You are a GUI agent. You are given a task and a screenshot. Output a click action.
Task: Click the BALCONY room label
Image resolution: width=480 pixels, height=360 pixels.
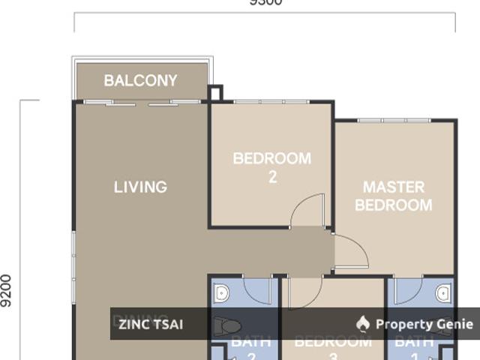[141, 80]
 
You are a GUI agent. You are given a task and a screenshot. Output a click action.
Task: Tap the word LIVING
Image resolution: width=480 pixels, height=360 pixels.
[140, 187]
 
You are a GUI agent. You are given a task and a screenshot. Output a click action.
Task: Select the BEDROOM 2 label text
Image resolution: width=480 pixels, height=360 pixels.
[271, 167]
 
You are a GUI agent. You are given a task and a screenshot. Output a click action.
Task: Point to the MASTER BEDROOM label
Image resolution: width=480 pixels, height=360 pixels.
[394, 195]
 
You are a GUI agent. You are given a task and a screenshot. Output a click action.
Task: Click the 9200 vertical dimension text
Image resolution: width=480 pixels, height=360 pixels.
[7, 290]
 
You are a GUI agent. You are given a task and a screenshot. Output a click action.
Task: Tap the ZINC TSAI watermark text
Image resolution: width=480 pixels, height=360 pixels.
[150, 325]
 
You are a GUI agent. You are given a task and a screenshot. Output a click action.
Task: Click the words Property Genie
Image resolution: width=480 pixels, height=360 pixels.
[424, 324]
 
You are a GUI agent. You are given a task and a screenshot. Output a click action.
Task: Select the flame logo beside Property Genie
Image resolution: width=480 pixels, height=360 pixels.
[363, 324]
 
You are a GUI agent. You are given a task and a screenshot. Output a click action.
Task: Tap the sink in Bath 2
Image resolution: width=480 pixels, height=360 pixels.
[221, 293]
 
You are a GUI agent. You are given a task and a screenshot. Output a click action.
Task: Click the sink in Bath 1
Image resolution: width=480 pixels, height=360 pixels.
[443, 293]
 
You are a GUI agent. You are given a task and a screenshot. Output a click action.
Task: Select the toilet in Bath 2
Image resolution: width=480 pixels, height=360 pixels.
[227, 325]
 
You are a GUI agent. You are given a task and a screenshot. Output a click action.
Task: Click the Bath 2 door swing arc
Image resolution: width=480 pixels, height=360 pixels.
[257, 292]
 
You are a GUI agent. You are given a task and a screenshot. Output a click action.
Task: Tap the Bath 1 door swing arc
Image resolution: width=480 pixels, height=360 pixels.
[409, 292]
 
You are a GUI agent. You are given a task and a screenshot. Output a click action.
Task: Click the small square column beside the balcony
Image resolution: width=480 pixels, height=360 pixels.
[215, 93]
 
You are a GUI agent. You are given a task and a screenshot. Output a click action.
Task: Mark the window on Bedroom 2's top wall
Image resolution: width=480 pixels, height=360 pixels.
[271, 102]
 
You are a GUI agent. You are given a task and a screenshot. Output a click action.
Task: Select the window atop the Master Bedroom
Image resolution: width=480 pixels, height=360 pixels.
[394, 120]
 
